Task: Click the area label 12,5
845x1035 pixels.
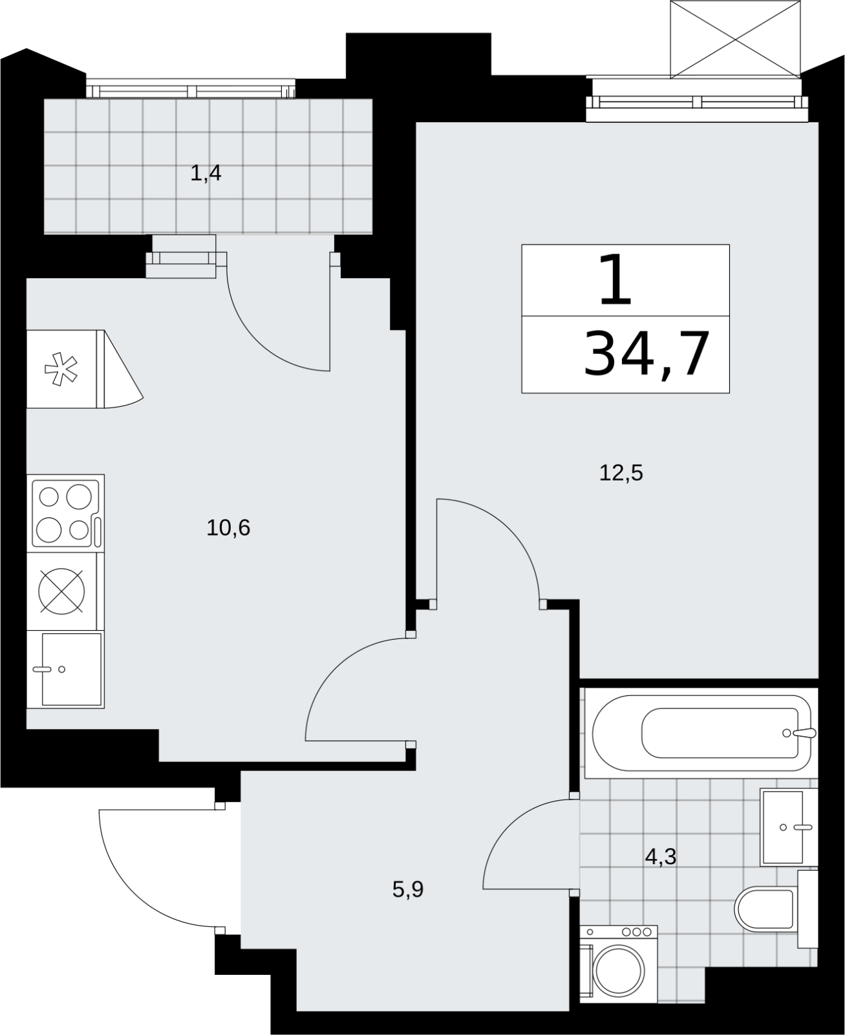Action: (621, 473)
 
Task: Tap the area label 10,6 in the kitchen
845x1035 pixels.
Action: (228, 528)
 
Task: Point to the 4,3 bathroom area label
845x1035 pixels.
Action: (661, 857)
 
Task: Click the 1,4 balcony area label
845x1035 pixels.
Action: (206, 173)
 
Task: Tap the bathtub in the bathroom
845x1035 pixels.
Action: (701, 733)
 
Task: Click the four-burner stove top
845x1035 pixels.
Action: (66, 514)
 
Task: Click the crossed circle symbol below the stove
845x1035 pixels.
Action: (61, 591)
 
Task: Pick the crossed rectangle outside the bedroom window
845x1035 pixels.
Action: (735, 39)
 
